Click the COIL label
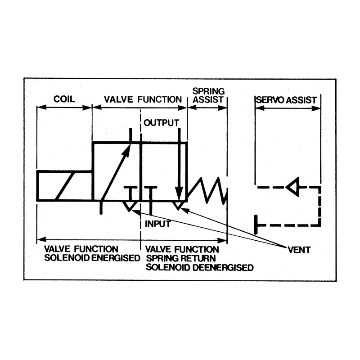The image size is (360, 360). point(64,99)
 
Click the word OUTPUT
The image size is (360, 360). point(161,123)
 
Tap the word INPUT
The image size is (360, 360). point(158,224)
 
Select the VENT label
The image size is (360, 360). point(299,250)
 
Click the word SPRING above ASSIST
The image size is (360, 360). point(208,91)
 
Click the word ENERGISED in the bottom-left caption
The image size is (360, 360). point(116,258)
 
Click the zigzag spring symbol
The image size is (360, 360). point(207,190)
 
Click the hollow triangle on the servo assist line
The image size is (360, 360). point(293,187)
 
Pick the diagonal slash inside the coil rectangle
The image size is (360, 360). point(64,186)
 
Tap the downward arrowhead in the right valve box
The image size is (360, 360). point(179,193)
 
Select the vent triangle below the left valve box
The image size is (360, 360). point(130,206)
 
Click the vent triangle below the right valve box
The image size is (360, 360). point(178,206)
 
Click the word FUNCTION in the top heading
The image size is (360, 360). point(160,99)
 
